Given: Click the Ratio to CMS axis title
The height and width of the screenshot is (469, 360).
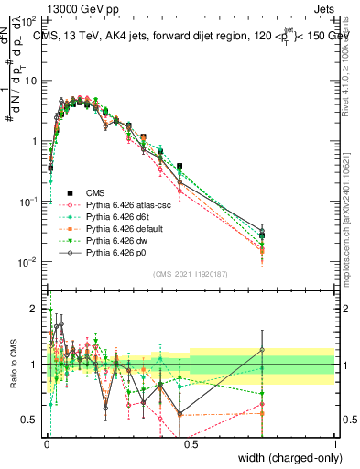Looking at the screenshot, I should [12, 376].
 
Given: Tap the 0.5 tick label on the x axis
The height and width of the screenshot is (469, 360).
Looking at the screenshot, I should [191, 443].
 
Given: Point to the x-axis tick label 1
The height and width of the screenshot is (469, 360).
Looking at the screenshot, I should [334, 443].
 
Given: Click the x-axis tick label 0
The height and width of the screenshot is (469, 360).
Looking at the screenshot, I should [47, 443].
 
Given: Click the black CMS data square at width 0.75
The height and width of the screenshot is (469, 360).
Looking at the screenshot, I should [262, 235].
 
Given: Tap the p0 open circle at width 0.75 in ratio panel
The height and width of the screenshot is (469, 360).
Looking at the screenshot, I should [262, 349].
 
